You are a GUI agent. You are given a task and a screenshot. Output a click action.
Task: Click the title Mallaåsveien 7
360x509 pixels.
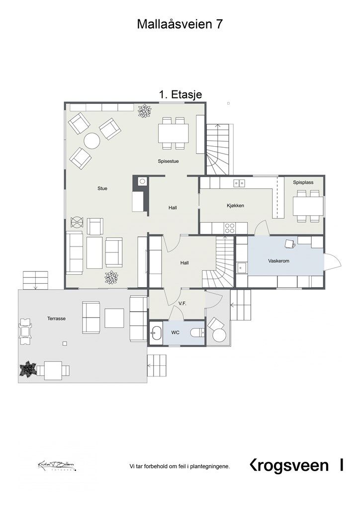point(180,24)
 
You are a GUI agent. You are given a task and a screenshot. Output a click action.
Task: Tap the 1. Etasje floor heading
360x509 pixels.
point(180,94)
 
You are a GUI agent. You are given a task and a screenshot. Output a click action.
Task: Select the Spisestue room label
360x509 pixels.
point(168,161)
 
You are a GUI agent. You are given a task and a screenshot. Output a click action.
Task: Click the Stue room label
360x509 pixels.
point(102,188)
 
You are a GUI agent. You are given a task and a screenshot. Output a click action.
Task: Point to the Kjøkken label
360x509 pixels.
point(235,205)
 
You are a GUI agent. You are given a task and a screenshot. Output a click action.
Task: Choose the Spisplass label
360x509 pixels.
point(303,182)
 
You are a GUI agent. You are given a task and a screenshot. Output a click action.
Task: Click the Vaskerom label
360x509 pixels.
point(278,260)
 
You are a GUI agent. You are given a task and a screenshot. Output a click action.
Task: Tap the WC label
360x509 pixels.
point(175,333)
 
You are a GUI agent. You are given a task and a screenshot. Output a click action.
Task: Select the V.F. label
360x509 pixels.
point(182,303)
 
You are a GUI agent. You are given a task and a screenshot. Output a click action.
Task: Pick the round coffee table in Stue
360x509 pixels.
point(92,141)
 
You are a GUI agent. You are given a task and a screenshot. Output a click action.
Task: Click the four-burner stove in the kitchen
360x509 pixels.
point(230,228)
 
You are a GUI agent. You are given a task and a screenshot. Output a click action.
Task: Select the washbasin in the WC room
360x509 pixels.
point(156,333)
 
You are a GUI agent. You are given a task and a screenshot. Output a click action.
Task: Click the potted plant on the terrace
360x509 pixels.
point(28,369)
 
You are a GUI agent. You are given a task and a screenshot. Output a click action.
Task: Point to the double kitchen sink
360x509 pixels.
point(239,183)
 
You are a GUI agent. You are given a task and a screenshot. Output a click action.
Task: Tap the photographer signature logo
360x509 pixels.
point(57,466)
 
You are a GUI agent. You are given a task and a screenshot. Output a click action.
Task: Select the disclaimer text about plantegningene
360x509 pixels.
point(180,466)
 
